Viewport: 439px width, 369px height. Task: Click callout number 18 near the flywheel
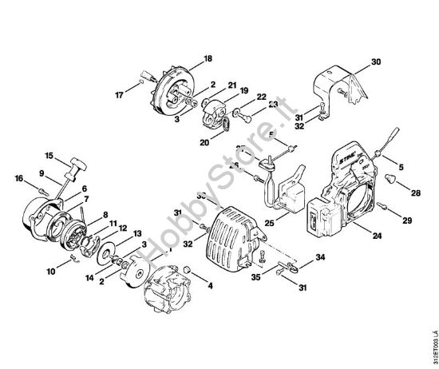point(208,58)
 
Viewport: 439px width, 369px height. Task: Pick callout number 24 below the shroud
point(377,236)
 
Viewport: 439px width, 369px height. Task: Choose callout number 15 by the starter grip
point(49,156)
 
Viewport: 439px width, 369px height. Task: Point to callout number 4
point(210,284)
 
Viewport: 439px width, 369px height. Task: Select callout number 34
point(320,256)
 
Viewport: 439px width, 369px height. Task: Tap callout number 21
point(231,85)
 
